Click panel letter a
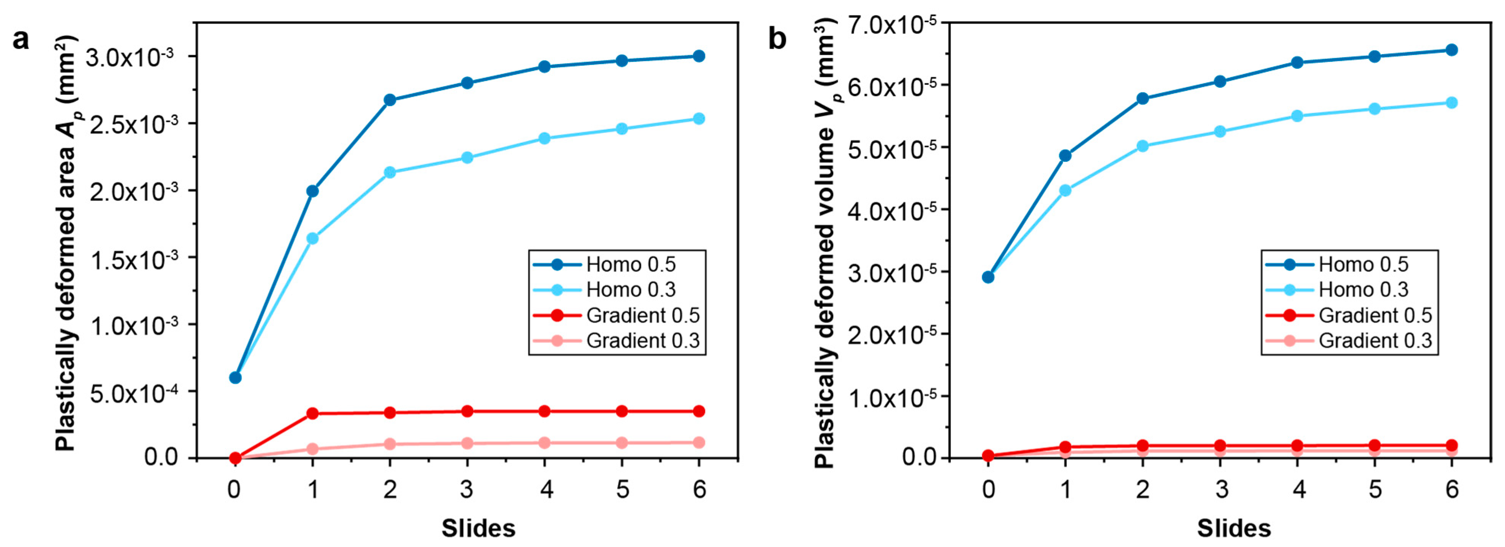pyautogui.click(x=21, y=40)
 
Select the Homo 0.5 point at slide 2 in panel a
pyautogui.click(x=390, y=100)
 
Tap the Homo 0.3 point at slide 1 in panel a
pyautogui.click(x=312, y=238)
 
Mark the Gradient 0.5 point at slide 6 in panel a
pyautogui.click(x=699, y=412)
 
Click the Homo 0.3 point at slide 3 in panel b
pyautogui.click(x=1220, y=132)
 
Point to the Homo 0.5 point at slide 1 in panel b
pyautogui.click(x=1065, y=156)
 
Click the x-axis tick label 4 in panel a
pyautogui.click(x=546, y=489)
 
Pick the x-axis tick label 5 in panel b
pyautogui.click(x=1375, y=489)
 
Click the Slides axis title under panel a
pyautogui.click(x=478, y=528)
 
